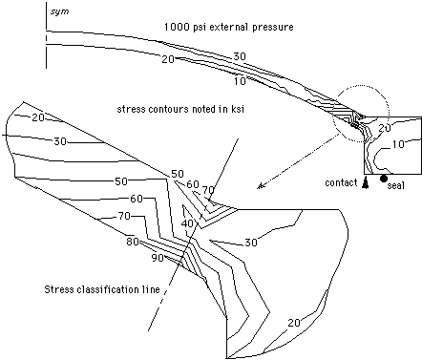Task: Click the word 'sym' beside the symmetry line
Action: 60,12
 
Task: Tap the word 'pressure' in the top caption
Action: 273,28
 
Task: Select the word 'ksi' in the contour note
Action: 237,109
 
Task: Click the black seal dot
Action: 384,179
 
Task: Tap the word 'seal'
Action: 395,185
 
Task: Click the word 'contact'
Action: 341,182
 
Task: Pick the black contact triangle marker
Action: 366,182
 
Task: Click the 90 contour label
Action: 158,258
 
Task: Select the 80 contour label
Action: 133,242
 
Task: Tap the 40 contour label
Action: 187,223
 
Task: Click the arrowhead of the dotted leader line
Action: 261,186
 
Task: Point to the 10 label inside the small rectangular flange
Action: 398,144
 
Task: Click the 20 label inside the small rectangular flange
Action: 385,128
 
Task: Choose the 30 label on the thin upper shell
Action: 240,56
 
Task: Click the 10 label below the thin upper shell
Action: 240,81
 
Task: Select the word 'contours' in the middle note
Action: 166,109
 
